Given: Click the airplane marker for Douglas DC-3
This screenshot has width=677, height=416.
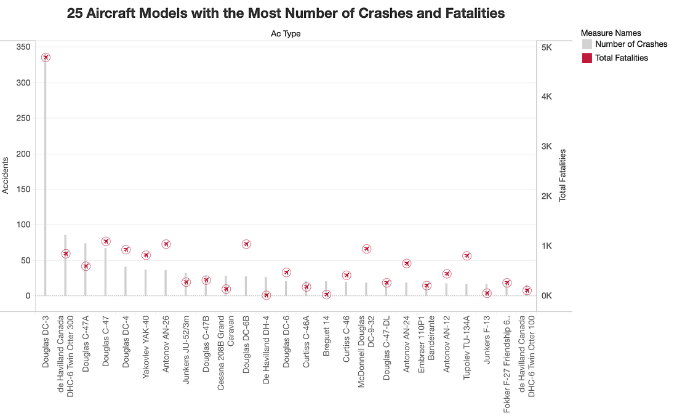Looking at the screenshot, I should (x=46, y=57).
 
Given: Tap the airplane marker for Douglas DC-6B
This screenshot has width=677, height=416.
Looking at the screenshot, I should (x=246, y=244).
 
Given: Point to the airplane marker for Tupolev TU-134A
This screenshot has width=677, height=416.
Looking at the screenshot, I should (x=467, y=256).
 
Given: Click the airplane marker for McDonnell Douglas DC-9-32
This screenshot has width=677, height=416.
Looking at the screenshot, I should (x=367, y=249).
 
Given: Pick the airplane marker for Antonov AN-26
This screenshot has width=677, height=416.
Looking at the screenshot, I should (x=166, y=244).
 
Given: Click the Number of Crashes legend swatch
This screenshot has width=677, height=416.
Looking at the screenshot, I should (x=587, y=44).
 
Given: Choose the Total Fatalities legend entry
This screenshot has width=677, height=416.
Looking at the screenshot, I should (x=622, y=58).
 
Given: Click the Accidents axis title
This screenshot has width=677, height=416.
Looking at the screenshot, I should (x=6, y=175).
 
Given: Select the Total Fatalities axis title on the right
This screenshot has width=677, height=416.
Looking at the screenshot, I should (x=562, y=175).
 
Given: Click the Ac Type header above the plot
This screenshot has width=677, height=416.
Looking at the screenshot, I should (x=286, y=33).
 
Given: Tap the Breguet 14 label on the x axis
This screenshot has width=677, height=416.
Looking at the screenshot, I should (x=326, y=341).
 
